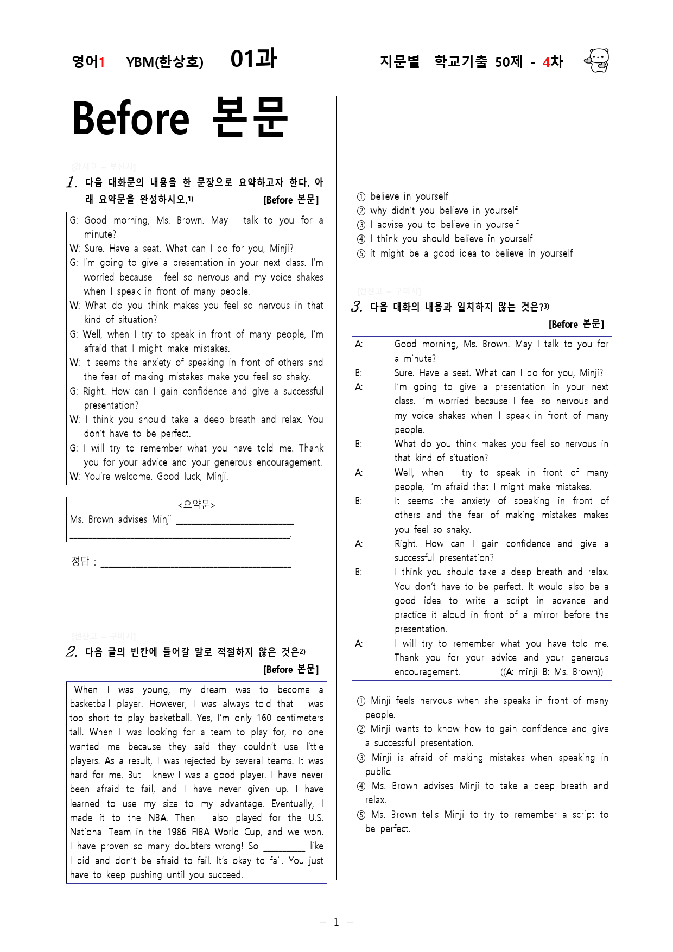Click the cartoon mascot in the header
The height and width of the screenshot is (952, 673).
click(x=598, y=60)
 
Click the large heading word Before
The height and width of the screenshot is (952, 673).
click(x=131, y=119)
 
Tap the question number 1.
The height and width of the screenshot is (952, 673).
click(x=72, y=182)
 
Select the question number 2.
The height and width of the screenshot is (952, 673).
click(x=72, y=652)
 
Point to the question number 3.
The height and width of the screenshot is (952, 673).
click(x=357, y=307)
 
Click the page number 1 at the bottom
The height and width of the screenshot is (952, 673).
click(x=336, y=922)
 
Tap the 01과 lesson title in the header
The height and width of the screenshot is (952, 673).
click(x=253, y=59)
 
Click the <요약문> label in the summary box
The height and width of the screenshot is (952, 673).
click(x=196, y=505)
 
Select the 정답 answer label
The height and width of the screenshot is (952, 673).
click(x=80, y=561)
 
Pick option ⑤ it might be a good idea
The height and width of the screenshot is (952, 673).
click(x=465, y=253)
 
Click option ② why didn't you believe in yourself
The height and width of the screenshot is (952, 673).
click(x=437, y=211)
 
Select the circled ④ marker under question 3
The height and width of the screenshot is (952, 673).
click(x=361, y=786)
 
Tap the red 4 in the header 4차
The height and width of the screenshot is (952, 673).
click(x=546, y=62)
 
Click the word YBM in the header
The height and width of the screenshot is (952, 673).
click(x=140, y=62)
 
